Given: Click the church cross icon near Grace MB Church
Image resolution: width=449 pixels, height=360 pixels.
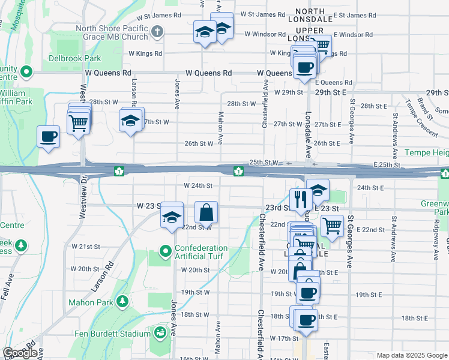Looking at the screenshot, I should (x=157, y=31).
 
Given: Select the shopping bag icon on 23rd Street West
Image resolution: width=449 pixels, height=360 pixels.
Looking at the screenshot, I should (x=206, y=212).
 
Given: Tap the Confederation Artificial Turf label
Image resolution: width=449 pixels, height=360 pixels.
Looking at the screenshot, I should (x=202, y=253).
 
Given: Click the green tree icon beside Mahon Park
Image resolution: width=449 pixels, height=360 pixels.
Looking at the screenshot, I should (x=123, y=300).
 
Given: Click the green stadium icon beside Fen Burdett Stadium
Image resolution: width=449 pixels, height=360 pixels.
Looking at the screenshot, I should (x=160, y=332).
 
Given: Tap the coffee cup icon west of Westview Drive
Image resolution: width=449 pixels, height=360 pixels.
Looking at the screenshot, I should (x=47, y=136).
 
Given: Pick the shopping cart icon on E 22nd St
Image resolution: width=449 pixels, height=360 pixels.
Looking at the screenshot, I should (x=332, y=226).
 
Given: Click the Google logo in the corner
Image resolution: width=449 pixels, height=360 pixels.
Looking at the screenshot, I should (x=20, y=353).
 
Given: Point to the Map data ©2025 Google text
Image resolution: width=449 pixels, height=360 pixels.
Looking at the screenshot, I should (x=412, y=355).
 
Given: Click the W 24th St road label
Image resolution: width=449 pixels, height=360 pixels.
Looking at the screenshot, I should (x=199, y=185).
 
